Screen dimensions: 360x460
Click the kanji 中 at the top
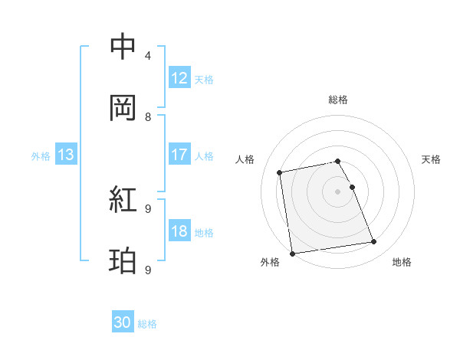coord(123,47)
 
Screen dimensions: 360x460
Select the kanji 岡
coord(123,108)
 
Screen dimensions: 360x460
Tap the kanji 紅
coord(123,200)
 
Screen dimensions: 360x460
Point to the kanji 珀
coord(123,261)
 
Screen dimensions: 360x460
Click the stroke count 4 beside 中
coord(148,56)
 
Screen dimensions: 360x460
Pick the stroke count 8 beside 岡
coord(148,117)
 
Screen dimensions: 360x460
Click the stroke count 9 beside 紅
coord(148,208)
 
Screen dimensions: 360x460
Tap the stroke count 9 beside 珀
coord(148,270)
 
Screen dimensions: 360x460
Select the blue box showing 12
coord(179,78)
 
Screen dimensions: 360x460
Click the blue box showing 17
coord(179,155)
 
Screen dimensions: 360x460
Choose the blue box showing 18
coord(179,231)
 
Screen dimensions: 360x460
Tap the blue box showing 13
coord(66,155)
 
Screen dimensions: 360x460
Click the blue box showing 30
coord(123,323)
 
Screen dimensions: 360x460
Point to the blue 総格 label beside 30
coord(147,324)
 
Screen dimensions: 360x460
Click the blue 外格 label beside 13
coord(40,155)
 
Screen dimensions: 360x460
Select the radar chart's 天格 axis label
coord(432,159)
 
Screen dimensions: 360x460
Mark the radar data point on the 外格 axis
coord(292,253)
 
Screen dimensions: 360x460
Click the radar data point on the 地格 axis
coord(374,242)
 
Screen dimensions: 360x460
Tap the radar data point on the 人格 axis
coord(280,172)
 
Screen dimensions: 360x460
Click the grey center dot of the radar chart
coord(338,191)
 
